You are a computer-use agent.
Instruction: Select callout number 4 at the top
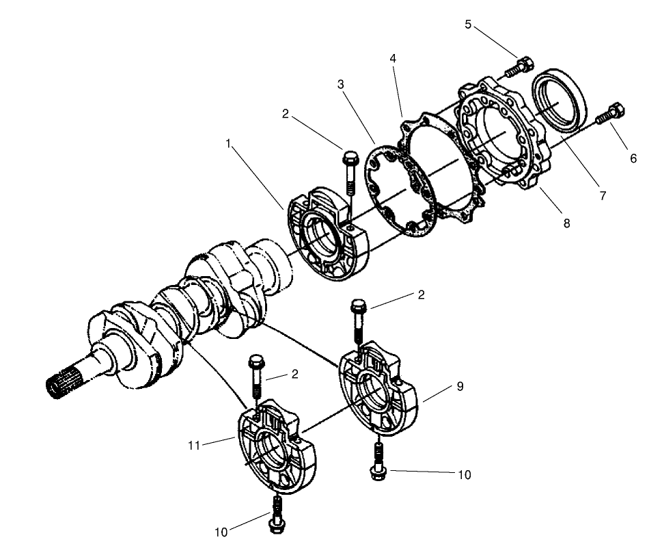point(393,59)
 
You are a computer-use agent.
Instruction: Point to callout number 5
point(468,25)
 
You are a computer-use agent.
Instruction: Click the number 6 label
point(633,159)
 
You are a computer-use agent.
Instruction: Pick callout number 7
point(603,195)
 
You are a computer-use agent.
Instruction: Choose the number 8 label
point(566,223)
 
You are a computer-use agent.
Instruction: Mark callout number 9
point(460,386)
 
